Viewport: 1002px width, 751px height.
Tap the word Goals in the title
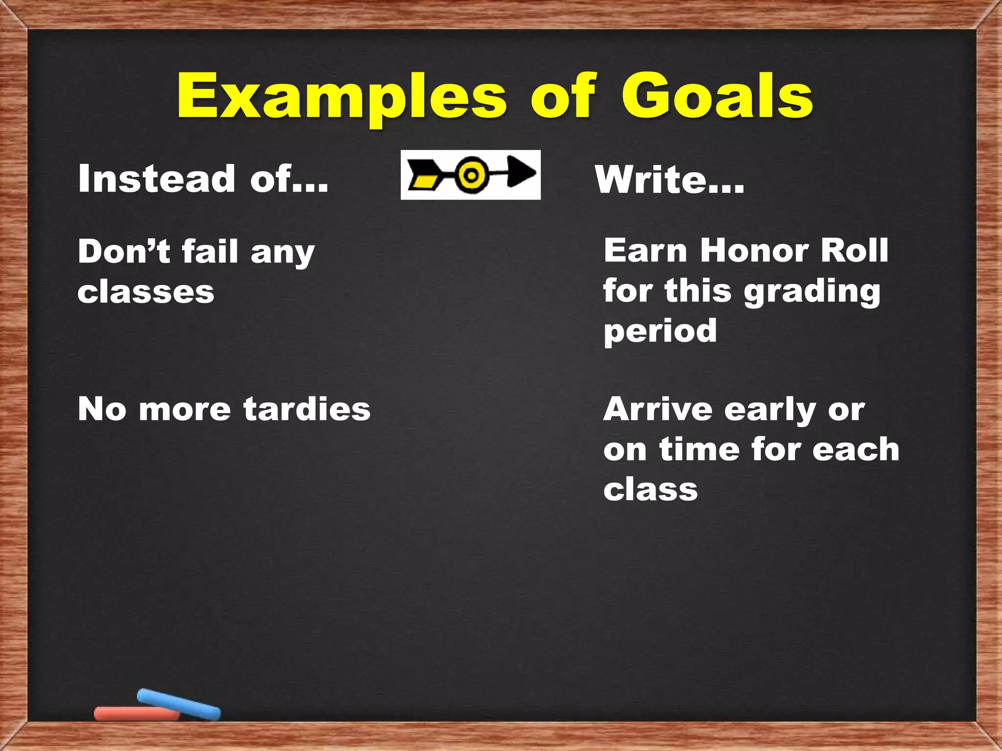[x=717, y=96]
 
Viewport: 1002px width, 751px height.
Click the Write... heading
[x=669, y=180]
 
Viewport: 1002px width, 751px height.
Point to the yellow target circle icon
[x=471, y=175]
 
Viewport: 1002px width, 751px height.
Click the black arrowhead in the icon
[x=521, y=172]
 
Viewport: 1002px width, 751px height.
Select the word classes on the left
[x=146, y=292]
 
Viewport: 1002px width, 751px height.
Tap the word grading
[x=812, y=292]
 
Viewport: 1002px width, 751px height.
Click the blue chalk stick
[x=179, y=705]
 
